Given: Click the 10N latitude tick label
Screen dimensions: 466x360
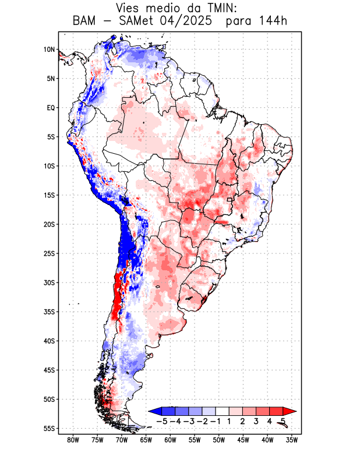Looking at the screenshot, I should click(49, 50).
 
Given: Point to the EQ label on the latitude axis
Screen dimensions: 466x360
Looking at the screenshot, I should click(51, 108).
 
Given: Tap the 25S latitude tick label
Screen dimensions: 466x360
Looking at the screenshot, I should click(49, 253).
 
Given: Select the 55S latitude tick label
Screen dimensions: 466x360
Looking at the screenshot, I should click(49, 428).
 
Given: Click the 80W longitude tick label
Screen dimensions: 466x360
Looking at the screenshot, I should click(73, 440).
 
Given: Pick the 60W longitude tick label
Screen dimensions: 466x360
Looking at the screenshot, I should click(170, 440).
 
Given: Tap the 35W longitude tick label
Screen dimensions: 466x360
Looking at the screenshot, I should click(292, 440).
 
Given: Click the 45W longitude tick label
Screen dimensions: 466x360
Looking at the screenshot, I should click(243, 440).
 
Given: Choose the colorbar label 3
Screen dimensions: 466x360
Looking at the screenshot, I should click(256, 421).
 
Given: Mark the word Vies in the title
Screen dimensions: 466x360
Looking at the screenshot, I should click(130, 8).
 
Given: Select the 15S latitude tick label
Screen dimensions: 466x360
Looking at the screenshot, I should click(49, 195).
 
